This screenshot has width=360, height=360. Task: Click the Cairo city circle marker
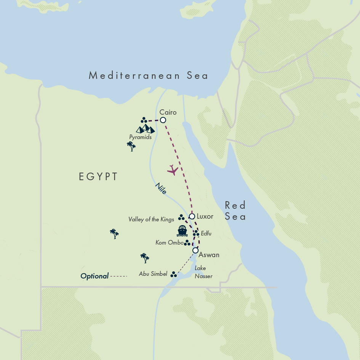163,120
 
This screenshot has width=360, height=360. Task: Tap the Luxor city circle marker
192,216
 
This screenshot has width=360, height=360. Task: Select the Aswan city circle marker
195,250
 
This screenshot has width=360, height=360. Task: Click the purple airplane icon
173,170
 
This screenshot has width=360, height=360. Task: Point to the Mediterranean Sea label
149,75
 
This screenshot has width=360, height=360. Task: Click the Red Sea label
235,211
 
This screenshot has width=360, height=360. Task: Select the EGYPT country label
98,177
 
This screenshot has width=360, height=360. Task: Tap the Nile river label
161,189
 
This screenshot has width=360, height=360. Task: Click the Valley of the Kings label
151,219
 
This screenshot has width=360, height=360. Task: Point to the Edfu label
206,233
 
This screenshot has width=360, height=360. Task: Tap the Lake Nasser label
203,272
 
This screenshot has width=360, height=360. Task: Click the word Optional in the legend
94,276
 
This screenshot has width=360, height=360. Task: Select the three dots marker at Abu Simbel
174,274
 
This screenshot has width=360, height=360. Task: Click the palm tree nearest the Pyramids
131,146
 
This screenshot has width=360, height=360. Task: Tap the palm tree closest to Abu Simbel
144,258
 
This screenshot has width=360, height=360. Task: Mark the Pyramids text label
140,137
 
